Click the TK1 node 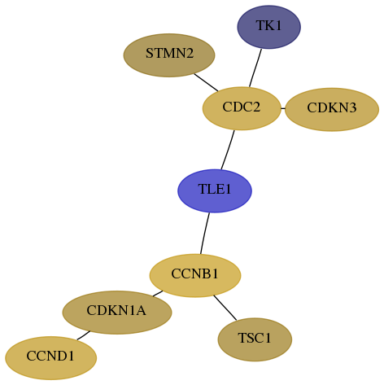pos(268,27)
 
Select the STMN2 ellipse pos(169,55)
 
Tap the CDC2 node pos(242,108)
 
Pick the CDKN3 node pos(332,109)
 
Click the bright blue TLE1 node pos(215,191)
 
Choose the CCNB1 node pos(195,275)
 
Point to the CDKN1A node pos(117,313)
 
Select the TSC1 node pos(255,339)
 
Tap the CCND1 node pos(50,358)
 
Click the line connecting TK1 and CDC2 pos(255,68)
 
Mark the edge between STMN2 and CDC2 pos(206,82)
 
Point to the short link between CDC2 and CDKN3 pos(283,108)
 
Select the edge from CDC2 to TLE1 pos(228,150)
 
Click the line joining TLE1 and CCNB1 pos(205,234)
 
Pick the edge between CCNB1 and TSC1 pos(225,308)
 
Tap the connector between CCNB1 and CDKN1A pos(158,294)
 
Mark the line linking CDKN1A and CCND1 pos(83,335)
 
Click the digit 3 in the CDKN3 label pos(352,107)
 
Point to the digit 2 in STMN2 pos(190,53)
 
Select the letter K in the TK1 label pos(268,25)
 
